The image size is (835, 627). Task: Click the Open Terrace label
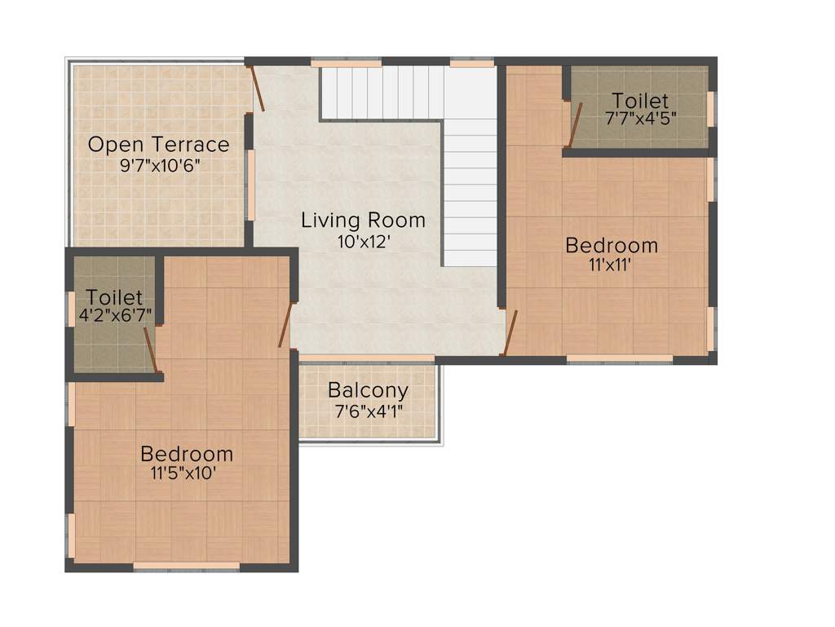point(159,145)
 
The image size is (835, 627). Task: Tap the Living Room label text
point(363,220)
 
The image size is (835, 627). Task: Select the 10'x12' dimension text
point(363,241)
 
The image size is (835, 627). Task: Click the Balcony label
point(368,389)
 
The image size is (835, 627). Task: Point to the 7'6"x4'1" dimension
point(368,410)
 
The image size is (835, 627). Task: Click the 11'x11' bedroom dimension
point(612,265)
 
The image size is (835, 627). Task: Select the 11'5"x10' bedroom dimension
point(187,474)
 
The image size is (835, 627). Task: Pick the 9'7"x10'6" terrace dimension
point(159,166)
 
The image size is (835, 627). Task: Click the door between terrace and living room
point(257,89)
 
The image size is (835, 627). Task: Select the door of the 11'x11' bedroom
point(510,334)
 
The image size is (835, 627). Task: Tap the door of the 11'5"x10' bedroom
point(285,324)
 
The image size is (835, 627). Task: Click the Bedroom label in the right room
point(612,245)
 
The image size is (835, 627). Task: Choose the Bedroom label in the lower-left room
point(187,453)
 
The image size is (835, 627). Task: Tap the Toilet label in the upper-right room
point(640,100)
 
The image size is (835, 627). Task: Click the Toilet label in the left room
point(115,297)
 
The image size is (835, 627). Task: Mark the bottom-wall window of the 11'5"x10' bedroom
point(187,565)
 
